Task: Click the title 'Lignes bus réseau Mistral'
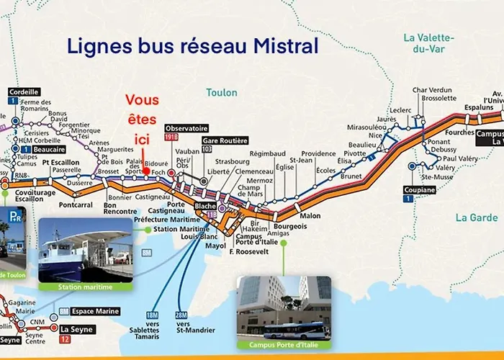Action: tap(193, 48)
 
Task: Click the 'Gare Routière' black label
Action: tap(225, 140)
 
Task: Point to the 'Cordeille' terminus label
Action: tap(24, 91)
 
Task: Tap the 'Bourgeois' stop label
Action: tap(289, 226)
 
